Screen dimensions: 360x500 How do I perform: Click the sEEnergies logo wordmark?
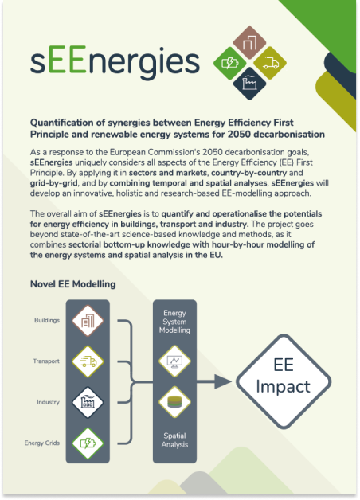point(115,61)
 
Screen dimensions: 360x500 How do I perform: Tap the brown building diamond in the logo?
point(249,43)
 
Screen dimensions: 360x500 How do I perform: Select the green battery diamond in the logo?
point(230,63)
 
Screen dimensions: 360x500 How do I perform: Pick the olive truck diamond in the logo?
point(270,63)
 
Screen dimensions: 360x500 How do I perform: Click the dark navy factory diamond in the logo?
point(249,84)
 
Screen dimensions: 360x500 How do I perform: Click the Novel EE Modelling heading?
point(73,284)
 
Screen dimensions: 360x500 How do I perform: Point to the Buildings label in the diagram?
point(47,320)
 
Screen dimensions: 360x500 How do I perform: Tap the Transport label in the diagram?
point(46,361)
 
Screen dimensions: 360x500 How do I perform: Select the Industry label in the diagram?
point(48,402)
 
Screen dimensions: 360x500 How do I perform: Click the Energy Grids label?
point(42,443)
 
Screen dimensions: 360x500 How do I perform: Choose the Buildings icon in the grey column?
point(88,321)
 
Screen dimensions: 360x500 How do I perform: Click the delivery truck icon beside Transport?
point(88,361)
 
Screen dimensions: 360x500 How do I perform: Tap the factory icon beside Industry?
point(88,402)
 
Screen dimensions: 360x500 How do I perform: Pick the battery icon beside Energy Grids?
point(88,443)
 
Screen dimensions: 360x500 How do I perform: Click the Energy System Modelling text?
point(174,322)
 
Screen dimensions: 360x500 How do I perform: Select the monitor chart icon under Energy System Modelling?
point(174,361)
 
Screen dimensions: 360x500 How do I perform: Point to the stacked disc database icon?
point(174,402)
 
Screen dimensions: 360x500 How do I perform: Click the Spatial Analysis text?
point(174,440)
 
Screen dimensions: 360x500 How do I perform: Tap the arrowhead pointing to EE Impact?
point(222,381)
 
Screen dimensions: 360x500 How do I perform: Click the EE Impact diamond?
point(284,381)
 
